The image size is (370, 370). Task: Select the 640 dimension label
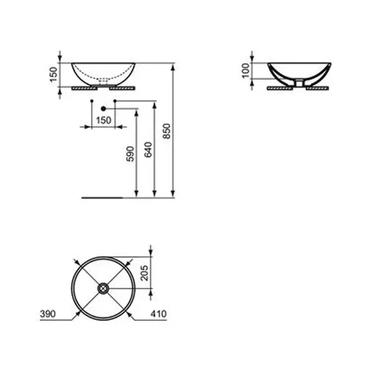pos(148,149)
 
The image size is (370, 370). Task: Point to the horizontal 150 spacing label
pos(103,120)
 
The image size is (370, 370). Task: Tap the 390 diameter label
pos(48,314)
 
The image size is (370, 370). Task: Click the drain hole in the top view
pos(103,289)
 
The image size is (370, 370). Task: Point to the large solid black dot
pos(103,108)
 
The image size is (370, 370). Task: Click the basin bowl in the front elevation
pos(103,73)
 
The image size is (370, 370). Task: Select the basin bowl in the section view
pos(299,70)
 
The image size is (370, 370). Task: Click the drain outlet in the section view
pos(299,82)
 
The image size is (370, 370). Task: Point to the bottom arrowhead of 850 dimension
pos(173,194)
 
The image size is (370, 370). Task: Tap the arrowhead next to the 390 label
pos(76,315)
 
